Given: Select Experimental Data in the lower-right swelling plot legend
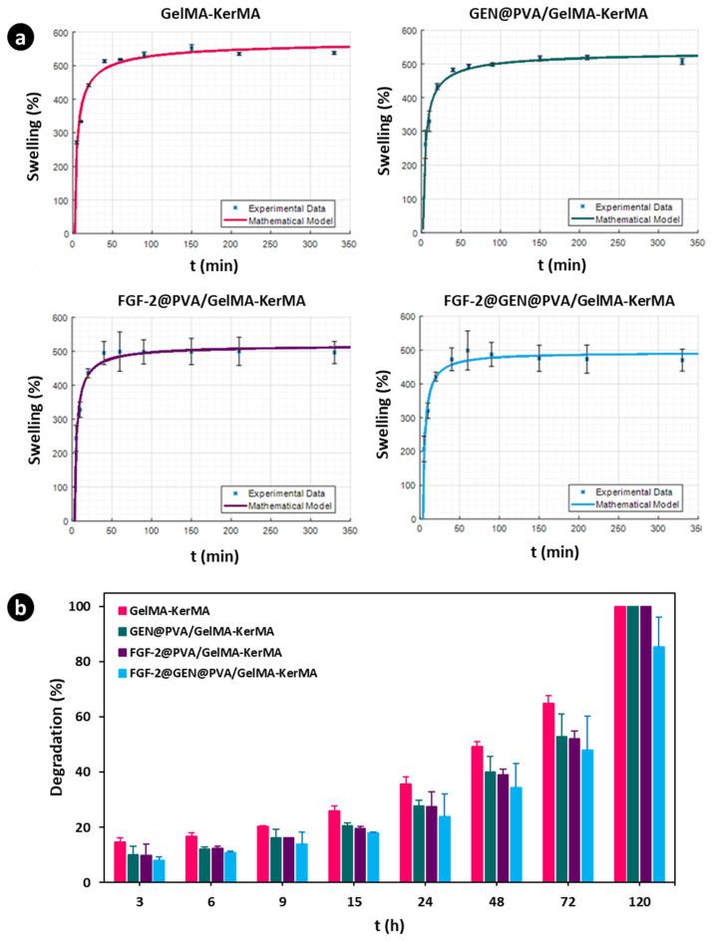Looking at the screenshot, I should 640,490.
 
